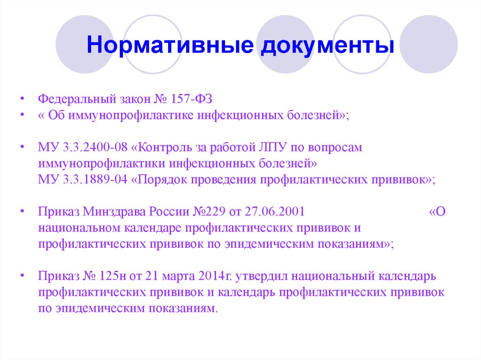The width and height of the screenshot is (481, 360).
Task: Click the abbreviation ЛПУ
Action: (x=270, y=147)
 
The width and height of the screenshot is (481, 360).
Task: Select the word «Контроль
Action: (x=155, y=147)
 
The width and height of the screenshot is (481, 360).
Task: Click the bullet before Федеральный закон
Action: (x=22, y=100)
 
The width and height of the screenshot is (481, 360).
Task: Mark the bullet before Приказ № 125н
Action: (x=22, y=276)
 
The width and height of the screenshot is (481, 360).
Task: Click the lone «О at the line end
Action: (x=437, y=211)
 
